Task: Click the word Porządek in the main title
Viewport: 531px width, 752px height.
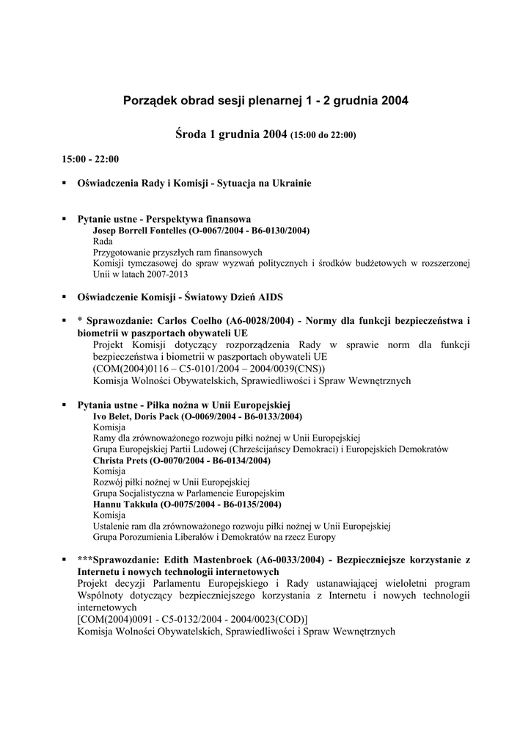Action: coord(150,101)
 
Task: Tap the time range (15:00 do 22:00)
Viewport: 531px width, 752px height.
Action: coord(323,135)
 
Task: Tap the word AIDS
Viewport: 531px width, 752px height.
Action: coord(269,297)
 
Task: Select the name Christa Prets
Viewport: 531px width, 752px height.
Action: coord(120,460)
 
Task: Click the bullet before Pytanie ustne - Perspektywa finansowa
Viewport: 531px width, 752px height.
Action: coord(65,219)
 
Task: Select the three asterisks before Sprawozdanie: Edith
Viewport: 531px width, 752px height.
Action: coord(85,560)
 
